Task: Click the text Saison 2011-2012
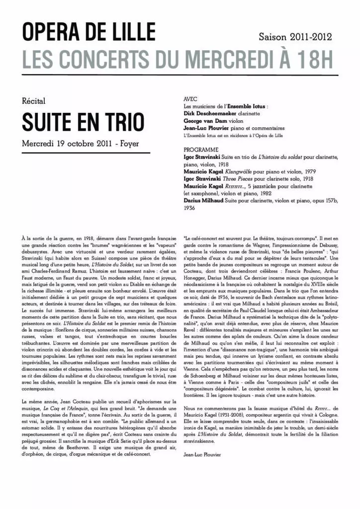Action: click(295, 37)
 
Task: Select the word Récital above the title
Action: click(34, 101)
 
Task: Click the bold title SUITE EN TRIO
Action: click(83, 122)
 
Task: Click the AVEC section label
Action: click(191, 99)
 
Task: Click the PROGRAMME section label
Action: click(201, 149)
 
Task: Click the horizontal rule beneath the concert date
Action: click(86, 153)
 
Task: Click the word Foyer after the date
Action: click(129, 143)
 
